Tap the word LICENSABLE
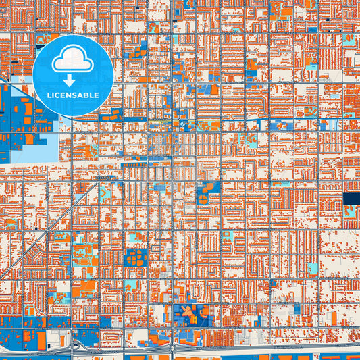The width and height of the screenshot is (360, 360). (73, 95)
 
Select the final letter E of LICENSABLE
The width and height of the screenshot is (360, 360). (97, 95)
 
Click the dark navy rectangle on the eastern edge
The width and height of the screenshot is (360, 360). (351, 198)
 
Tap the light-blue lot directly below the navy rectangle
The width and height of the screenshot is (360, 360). (351, 211)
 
